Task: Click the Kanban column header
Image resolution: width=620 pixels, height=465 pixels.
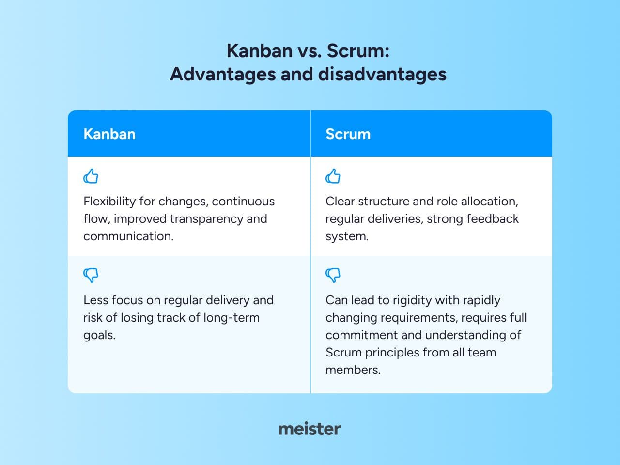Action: [109, 134]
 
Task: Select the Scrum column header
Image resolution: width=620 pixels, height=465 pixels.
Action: [348, 134]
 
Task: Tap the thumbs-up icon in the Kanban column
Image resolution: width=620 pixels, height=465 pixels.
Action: [91, 176]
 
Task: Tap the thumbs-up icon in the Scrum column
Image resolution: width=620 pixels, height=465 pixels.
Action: [333, 176]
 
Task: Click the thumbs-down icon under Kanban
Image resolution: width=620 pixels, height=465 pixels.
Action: [91, 275]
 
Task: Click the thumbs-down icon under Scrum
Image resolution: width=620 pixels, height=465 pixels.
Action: [333, 275]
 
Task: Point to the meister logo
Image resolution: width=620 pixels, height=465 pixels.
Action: [310, 429]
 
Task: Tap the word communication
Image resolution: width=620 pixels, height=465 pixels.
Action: [128, 236]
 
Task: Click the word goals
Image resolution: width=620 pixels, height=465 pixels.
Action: [99, 336]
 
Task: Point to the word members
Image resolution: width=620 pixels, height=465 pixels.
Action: [353, 370]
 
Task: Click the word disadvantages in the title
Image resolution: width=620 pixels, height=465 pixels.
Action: [382, 75]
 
